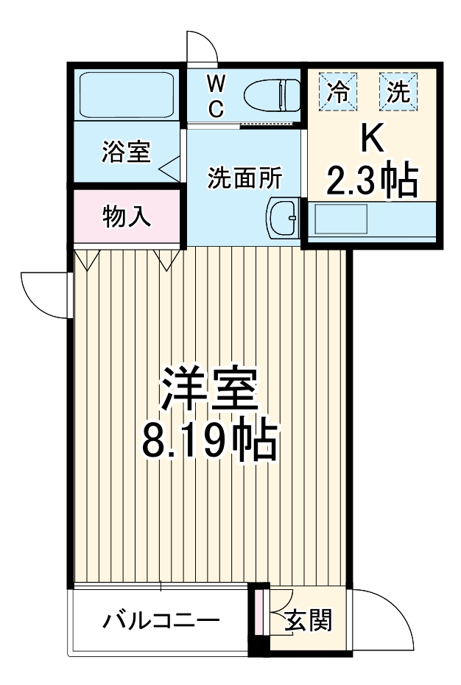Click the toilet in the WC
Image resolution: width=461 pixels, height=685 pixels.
271,95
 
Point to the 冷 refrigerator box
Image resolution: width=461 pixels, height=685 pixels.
339,91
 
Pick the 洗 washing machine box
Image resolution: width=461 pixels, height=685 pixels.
398,91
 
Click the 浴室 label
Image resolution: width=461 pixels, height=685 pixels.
125,152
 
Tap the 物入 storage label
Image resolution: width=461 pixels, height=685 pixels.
127,217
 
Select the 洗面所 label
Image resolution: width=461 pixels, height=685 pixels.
244,178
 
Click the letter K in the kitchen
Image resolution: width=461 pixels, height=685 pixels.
372,138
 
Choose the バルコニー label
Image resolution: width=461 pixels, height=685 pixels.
160,620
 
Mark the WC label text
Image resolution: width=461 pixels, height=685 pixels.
215,94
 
